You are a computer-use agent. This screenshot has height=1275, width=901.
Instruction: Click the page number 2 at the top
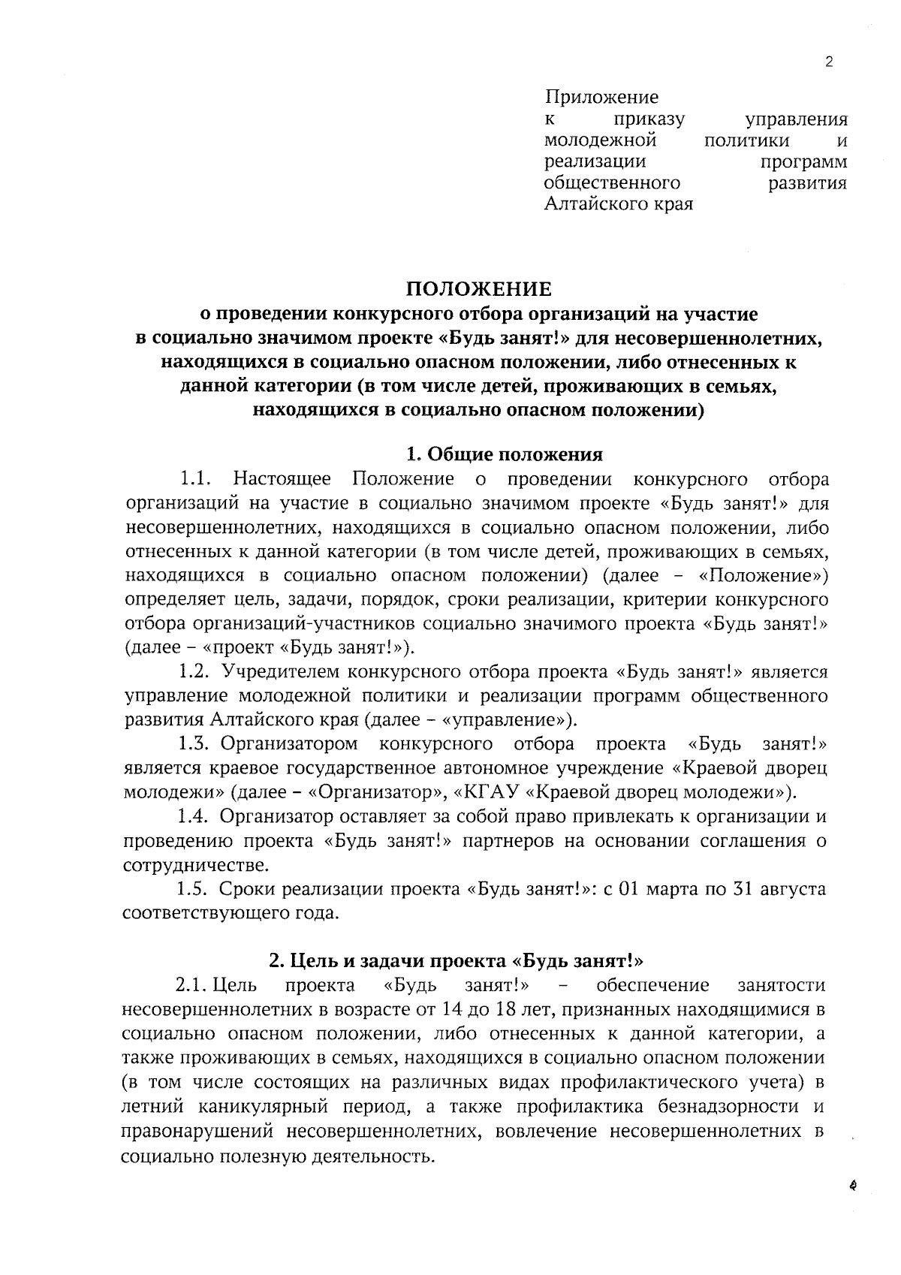pyautogui.click(x=829, y=62)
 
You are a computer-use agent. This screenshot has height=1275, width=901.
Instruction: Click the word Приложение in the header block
pyautogui.click(x=601, y=97)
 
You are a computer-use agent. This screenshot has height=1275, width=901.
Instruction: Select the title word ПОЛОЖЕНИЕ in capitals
pyautogui.click(x=479, y=289)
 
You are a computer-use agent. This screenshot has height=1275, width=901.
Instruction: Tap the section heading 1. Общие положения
pyautogui.click(x=504, y=454)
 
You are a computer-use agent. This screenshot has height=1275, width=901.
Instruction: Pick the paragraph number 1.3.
pyautogui.click(x=194, y=743)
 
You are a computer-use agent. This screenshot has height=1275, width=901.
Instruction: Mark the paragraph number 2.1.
pyautogui.click(x=191, y=984)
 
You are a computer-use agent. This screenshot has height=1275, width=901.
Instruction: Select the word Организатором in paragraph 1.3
pyautogui.click(x=289, y=743)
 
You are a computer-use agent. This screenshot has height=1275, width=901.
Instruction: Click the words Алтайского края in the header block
pyautogui.click(x=618, y=203)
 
